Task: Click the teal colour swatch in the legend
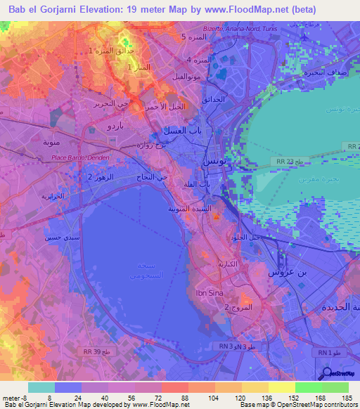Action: click(x=41, y=387)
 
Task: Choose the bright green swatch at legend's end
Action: click(x=335, y=387)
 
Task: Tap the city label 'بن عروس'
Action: click(x=288, y=271)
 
